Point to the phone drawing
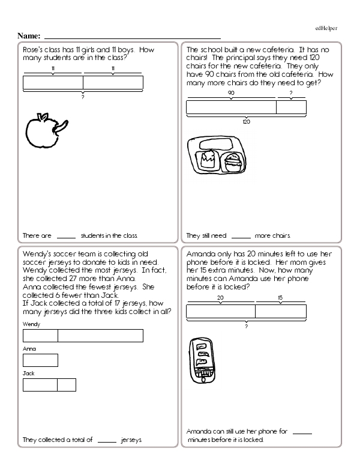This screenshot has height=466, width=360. pyautogui.click(x=203, y=360)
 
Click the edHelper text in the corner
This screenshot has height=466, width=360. pyautogui.click(x=326, y=28)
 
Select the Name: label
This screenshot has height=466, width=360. pyautogui.click(x=29, y=36)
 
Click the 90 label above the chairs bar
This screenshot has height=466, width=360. pyautogui.click(x=231, y=93)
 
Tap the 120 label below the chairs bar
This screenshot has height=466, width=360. pyautogui.click(x=246, y=121)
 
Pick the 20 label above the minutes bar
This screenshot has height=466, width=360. pyautogui.click(x=220, y=297)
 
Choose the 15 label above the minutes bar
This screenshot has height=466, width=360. pyautogui.click(x=280, y=297)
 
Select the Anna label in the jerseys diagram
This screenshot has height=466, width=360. pyautogui.click(x=28, y=348)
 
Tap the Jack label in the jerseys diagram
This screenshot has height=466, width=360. pyautogui.click(x=28, y=373)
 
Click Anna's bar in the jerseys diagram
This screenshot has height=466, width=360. pyautogui.click(x=40, y=360)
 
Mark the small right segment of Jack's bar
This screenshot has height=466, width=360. pyautogui.click(x=67, y=385)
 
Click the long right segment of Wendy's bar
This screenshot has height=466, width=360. pyautogui.click(x=100, y=336)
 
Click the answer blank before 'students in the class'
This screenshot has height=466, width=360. pyautogui.click(x=67, y=236)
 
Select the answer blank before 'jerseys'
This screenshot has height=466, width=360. pyautogui.click(x=106, y=440)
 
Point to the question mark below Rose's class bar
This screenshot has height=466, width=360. pyautogui.click(x=82, y=97)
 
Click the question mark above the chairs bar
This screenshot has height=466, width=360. pyautogui.click(x=291, y=93)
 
